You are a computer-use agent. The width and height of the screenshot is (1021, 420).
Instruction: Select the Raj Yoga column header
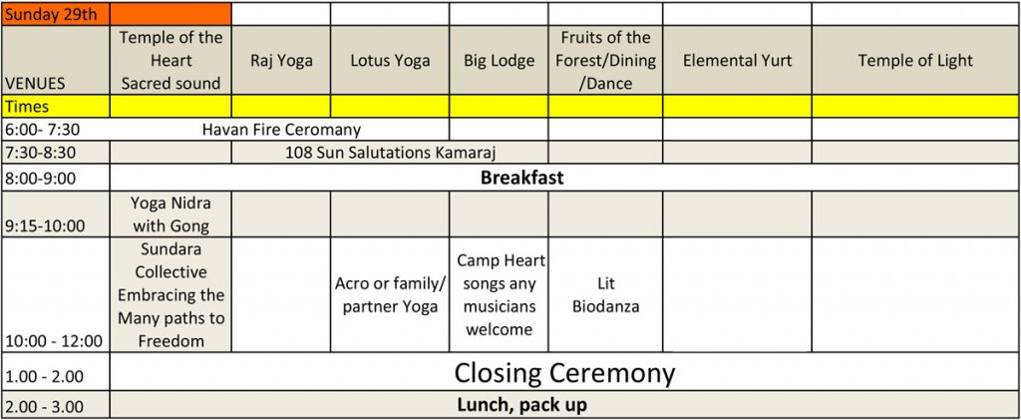[281, 61]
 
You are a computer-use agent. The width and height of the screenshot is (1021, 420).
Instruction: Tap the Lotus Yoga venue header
[390, 61]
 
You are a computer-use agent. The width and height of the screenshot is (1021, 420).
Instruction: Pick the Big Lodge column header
[499, 61]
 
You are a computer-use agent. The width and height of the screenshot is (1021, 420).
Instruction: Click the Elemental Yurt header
[737, 61]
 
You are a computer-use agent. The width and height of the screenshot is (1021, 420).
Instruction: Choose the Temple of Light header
[915, 61]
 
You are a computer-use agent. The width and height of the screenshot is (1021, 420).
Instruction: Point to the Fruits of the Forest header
[605, 61]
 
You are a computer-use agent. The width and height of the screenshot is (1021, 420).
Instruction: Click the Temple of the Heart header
[170, 61]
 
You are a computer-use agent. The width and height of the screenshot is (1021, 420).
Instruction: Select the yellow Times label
[27, 107]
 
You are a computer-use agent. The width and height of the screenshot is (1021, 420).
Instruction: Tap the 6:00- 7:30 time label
[42, 130]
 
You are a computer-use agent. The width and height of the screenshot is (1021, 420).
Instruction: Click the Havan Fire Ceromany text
[281, 130]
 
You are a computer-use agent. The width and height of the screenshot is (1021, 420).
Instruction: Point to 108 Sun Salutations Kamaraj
[391, 153]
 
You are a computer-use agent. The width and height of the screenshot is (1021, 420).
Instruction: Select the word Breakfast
[521, 178]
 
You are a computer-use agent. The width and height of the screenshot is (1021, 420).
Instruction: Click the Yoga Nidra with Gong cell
[170, 214]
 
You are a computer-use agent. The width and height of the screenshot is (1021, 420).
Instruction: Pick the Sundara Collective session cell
[170, 295]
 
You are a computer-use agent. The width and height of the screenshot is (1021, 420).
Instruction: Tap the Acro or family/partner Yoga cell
[390, 295]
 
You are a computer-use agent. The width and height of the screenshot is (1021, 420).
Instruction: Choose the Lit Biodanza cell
[605, 295]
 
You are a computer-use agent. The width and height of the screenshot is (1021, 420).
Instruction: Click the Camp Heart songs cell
[499, 295]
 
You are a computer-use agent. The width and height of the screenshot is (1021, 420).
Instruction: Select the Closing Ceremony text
[564, 374]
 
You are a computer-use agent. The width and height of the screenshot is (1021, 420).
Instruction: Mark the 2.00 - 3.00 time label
[44, 407]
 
